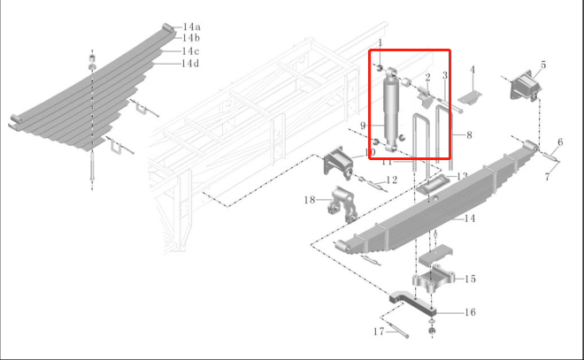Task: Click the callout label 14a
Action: [x=192, y=27]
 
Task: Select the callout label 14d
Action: [x=190, y=64]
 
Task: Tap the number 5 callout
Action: [x=543, y=65]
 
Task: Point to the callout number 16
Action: [x=471, y=312]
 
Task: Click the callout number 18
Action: [x=310, y=200]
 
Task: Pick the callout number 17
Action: [x=379, y=332]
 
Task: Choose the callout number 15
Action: [x=471, y=279]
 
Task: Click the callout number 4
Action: [x=473, y=70]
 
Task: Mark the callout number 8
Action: [x=469, y=135]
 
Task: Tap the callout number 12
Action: [x=392, y=180]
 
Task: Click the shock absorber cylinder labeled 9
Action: [x=391, y=110]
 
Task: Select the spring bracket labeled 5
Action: [x=526, y=86]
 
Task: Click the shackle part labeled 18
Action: [x=342, y=204]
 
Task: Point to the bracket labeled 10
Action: [x=338, y=163]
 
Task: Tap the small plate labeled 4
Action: [x=470, y=98]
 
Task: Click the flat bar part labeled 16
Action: [x=412, y=303]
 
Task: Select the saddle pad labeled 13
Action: [x=433, y=184]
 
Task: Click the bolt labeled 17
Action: [x=399, y=331]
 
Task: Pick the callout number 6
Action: [x=560, y=142]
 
